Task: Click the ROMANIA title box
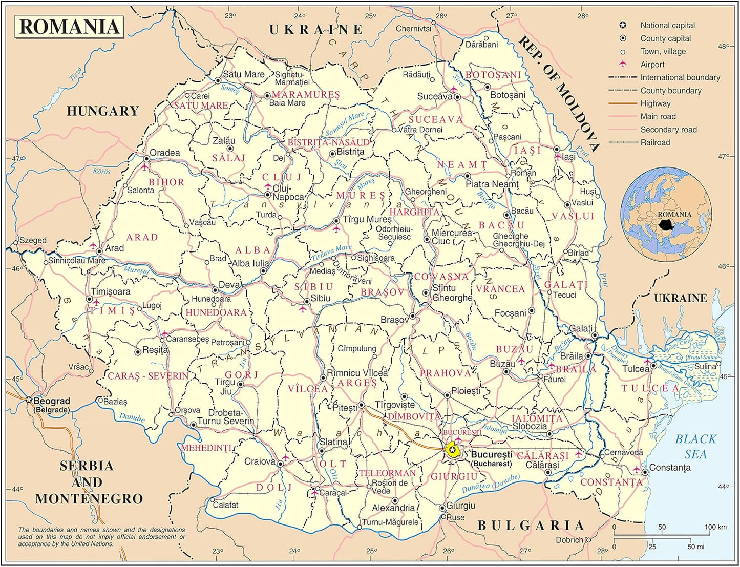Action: [x=69, y=27]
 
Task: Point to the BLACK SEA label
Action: [x=695, y=446]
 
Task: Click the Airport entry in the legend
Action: [x=652, y=65]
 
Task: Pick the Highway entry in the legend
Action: [x=655, y=103]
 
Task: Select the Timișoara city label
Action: [x=111, y=291]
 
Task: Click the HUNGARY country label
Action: [x=102, y=111]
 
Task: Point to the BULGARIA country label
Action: [x=531, y=526]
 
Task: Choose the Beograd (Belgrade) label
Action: [x=51, y=405]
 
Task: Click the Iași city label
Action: [x=568, y=157]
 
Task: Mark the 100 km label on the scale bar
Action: [x=715, y=527]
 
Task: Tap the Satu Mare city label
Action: [x=243, y=74]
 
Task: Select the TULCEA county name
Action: [x=650, y=388]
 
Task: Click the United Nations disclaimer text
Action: [x=101, y=537]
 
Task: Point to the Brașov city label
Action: [x=394, y=320]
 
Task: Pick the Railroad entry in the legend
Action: [x=655, y=142]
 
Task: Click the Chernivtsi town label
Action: [x=413, y=29]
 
